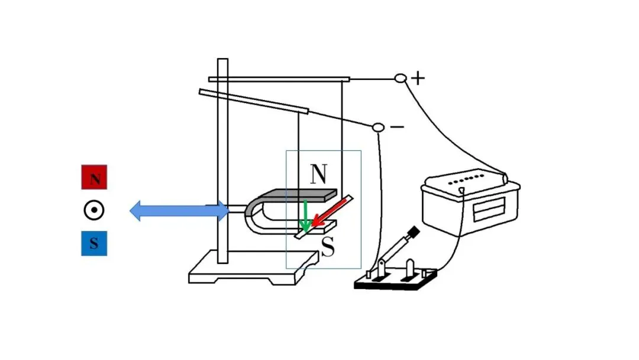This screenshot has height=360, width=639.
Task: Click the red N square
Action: (x=94, y=178)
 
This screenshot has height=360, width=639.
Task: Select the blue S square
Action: (x=94, y=243)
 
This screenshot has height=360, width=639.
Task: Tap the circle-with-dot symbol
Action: (x=94, y=210)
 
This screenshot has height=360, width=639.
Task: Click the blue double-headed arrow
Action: (x=179, y=211)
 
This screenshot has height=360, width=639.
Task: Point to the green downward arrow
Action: (x=305, y=216)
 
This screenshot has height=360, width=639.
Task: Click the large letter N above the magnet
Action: (x=318, y=174)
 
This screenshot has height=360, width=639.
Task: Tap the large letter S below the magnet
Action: (x=328, y=247)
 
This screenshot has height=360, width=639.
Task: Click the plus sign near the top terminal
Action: (x=418, y=78)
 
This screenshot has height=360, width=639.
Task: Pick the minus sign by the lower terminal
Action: (x=398, y=127)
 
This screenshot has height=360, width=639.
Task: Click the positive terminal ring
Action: (x=401, y=78)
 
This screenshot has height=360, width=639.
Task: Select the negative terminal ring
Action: (x=378, y=128)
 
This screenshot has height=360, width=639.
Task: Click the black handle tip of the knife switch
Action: (x=414, y=232)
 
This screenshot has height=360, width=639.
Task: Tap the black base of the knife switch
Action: (x=395, y=281)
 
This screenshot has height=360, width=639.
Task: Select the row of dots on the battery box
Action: (x=466, y=180)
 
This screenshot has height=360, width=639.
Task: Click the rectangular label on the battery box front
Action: (x=489, y=209)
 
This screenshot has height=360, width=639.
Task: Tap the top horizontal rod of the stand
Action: (x=279, y=79)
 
